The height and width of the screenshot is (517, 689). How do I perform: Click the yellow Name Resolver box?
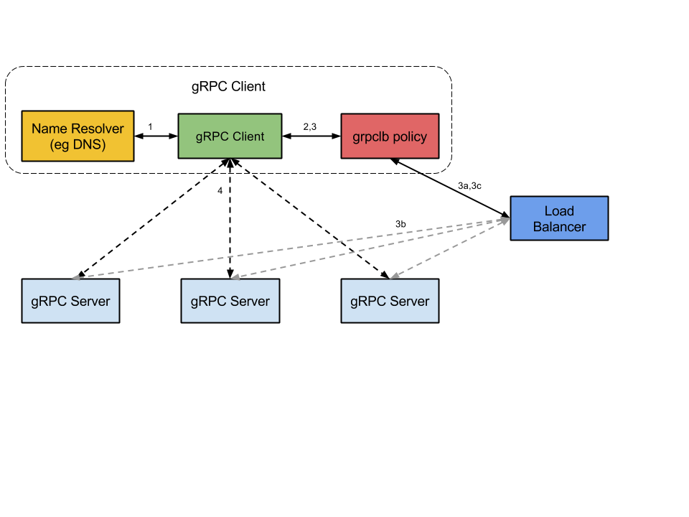(78, 136)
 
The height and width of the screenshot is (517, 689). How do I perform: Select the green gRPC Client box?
(230, 136)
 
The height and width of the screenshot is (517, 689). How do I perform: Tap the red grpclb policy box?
(390, 136)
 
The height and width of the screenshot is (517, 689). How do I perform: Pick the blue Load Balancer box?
(559, 218)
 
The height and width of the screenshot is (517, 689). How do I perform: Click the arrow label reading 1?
(150, 126)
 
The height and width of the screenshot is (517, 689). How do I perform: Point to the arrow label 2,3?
(310, 126)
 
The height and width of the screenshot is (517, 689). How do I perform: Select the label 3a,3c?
(469, 185)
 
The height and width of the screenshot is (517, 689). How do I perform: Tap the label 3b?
(400, 224)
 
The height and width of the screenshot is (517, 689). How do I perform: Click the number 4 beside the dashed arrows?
(220, 190)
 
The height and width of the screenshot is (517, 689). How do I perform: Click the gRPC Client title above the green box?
(228, 86)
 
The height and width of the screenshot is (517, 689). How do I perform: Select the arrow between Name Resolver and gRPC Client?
(156, 136)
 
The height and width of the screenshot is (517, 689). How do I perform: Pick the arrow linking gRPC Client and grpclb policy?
(311, 136)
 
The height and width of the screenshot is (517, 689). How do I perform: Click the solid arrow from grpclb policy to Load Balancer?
(450, 188)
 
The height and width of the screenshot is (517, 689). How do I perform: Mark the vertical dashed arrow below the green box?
(230, 218)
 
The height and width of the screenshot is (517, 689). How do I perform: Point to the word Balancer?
(559, 227)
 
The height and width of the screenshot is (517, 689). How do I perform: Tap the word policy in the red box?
(410, 136)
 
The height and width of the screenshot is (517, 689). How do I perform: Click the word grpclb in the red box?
(371, 136)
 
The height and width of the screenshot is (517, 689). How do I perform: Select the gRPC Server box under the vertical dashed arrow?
(230, 301)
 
